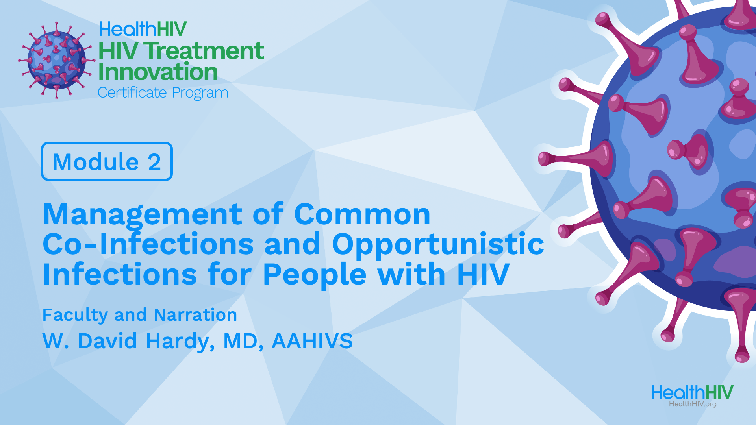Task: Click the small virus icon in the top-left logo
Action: point(56,60)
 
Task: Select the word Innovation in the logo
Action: point(158,72)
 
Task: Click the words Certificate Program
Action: point(163,93)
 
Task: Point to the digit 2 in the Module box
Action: point(154,162)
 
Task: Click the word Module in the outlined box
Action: point(96,161)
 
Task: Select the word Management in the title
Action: point(142,215)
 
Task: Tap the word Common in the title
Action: point(362,214)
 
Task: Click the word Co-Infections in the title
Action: point(148,244)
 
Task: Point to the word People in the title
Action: point(315,274)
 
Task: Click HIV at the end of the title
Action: point(483,274)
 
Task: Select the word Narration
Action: point(195,315)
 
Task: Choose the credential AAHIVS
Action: point(312,341)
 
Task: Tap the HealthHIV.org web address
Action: point(693,404)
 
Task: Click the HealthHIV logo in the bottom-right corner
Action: point(693,395)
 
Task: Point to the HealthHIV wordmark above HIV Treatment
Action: point(143,29)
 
